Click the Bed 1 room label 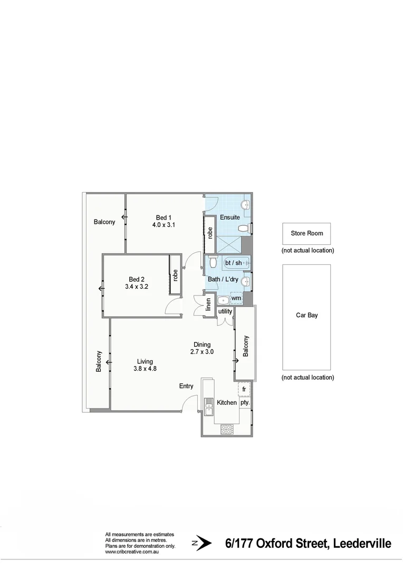[x=164, y=217]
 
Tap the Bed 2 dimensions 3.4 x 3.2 [x=136, y=287]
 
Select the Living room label [x=145, y=362]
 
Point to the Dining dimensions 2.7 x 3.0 [x=201, y=351]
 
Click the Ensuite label [x=229, y=217]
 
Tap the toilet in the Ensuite [x=244, y=229]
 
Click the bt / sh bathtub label [x=233, y=263]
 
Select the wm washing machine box [x=236, y=298]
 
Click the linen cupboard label [x=208, y=305]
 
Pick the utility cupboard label [x=225, y=311]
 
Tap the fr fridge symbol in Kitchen [x=244, y=389]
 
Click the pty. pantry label [x=245, y=402]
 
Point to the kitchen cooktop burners [x=227, y=429]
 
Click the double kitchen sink [x=208, y=406]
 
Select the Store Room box [x=306, y=233]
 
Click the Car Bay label [x=306, y=315]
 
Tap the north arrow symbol [x=201, y=543]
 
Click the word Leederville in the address [x=362, y=544]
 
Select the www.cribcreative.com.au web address [x=132, y=552]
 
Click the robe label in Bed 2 [x=175, y=275]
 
